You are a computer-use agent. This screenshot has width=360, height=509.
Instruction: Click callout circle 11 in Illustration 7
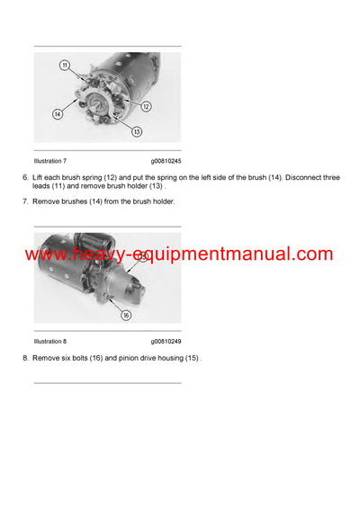(x=65, y=66)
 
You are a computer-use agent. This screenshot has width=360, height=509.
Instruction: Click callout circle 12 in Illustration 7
(x=146, y=106)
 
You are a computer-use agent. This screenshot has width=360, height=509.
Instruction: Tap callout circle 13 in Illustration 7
(x=137, y=131)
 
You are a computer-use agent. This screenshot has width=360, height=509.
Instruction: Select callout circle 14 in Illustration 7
(x=58, y=114)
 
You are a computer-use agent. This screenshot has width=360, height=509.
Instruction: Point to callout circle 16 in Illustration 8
(x=125, y=316)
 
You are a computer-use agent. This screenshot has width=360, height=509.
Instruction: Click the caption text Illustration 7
(x=50, y=161)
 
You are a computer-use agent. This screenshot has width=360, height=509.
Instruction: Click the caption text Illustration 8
(x=50, y=342)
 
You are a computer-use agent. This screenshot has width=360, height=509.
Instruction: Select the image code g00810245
(x=166, y=161)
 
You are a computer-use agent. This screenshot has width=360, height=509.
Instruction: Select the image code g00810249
(x=166, y=342)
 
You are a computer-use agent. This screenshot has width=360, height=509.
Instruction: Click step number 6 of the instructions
(x=24, y=179)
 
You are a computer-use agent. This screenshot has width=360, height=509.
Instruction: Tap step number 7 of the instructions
(x=24, y=201)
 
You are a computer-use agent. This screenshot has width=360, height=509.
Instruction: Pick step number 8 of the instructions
(x=24, y=358)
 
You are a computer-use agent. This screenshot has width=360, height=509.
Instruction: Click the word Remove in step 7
(x=47, y=201)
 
